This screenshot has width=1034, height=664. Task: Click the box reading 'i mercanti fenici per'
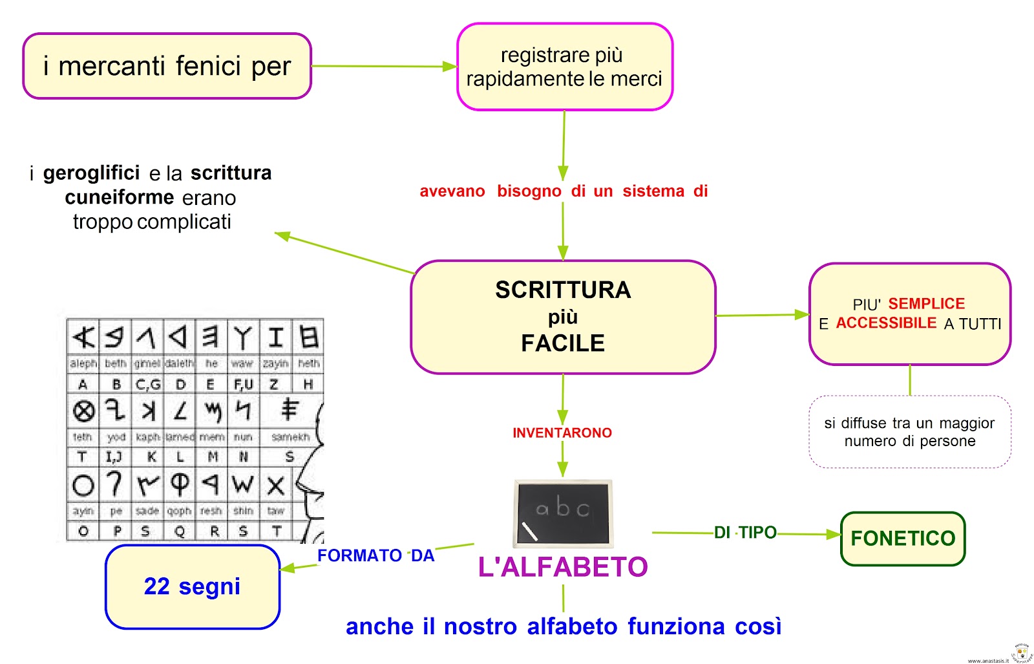167,66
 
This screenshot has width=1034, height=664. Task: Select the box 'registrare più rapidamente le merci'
564,67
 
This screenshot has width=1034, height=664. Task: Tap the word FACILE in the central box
563,343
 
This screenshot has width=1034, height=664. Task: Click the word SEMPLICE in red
926,303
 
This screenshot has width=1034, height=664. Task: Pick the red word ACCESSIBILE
886,323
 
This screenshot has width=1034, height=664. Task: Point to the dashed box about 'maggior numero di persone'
909,432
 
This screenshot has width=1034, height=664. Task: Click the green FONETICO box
902,539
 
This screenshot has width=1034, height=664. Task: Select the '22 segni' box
192,586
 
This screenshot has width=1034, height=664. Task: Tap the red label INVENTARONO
562,433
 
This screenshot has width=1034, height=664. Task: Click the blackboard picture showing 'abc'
563,513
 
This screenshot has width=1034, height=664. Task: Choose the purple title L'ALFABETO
562,567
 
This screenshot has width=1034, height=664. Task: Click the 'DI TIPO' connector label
744,533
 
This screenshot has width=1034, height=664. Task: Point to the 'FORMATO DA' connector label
375,555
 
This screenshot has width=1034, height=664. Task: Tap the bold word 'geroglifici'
91,173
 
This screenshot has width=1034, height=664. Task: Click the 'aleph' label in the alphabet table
83,363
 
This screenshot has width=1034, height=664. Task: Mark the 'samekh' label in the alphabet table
290,437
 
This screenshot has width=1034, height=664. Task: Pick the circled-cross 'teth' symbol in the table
83,411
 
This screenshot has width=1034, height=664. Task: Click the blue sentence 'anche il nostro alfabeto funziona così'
564,627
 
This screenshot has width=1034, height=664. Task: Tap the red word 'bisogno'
529,191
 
